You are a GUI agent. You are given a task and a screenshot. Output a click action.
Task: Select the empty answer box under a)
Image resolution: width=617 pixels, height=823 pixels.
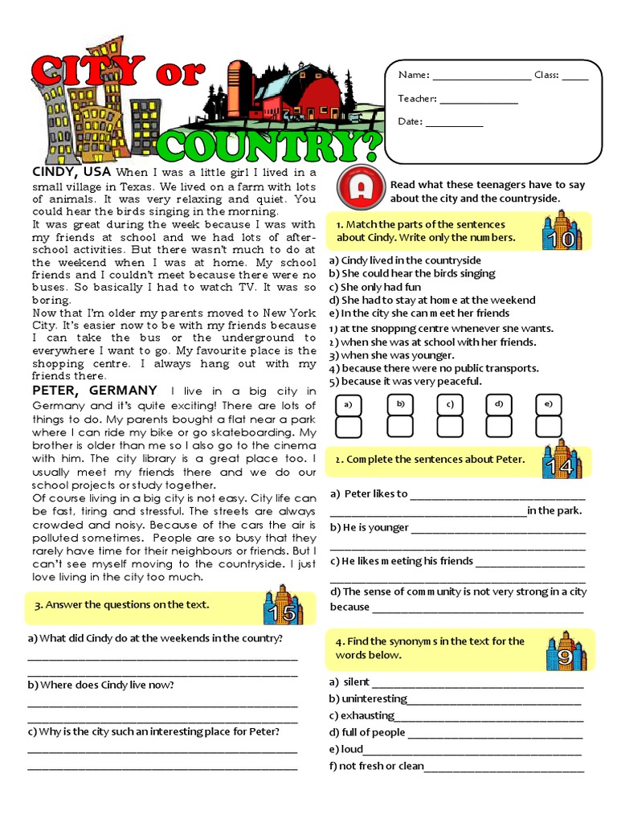349,427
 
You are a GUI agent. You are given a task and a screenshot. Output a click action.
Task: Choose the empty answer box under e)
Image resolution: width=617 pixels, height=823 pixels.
549,427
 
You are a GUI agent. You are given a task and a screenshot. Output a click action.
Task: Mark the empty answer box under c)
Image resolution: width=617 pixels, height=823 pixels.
450,427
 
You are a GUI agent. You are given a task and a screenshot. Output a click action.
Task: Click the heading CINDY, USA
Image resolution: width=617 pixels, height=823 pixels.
72,172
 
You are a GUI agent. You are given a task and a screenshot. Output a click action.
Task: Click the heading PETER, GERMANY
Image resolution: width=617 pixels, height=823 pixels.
94,391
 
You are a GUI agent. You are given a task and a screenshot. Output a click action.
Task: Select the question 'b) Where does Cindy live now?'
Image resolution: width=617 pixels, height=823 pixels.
100,685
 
